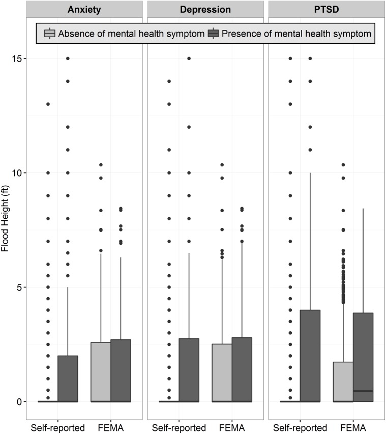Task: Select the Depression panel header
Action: [205, 10]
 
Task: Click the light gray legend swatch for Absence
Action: [50, 34]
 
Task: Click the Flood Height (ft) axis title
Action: [6, 230]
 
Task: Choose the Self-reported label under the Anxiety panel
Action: [57, 426]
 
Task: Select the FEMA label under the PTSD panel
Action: [353, 426]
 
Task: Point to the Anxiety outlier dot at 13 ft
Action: [48, 104]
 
